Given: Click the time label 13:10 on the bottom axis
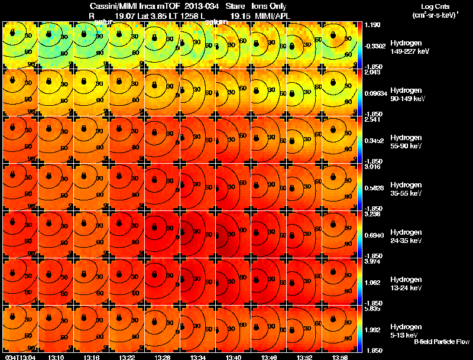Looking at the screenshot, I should point(56,357).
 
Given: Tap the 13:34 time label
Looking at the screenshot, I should point(198,357).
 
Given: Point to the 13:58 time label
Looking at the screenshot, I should point(340,357).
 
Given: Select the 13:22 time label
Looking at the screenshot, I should point(127,357).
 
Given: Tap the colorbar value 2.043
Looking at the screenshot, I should point(374,72).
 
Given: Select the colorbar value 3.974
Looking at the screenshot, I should point(374,261).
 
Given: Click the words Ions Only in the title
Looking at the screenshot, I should point(269,6).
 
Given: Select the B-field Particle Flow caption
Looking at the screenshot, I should point(442,342).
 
